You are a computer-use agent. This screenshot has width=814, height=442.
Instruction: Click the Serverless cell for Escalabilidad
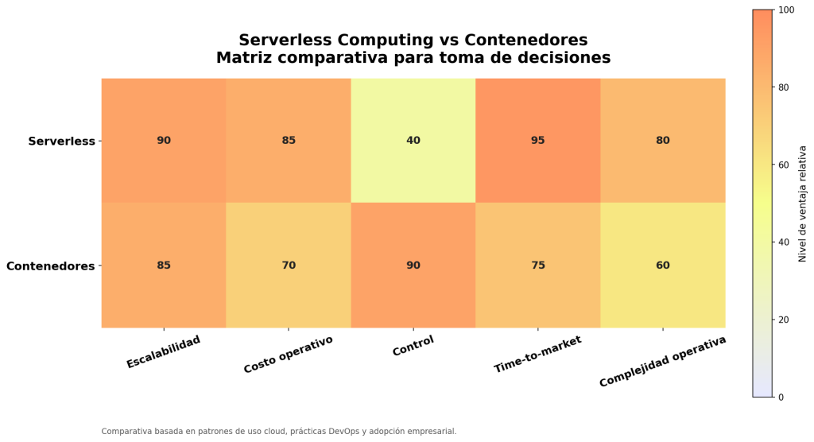click(164, 141)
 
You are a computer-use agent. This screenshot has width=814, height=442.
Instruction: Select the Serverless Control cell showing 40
click(413, 141)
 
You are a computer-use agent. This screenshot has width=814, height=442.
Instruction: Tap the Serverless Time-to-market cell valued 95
click(538, 141)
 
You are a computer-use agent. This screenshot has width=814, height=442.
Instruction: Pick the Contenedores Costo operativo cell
click(289, 266)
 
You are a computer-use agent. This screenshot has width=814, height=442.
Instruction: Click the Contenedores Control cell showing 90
click(413, 266)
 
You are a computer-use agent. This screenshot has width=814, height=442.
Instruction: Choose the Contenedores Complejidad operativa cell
click(663, 266)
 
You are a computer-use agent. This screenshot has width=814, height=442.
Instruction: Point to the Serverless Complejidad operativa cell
click(663, 141)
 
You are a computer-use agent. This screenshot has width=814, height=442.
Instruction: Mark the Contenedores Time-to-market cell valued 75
click(538, 266)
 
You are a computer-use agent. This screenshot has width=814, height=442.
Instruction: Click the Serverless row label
click(61, 142)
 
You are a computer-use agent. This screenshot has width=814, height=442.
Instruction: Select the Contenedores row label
click(50, 266)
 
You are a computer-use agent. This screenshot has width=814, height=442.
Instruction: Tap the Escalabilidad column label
click(164, 352)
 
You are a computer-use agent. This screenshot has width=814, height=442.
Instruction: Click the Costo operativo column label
click(289, 355)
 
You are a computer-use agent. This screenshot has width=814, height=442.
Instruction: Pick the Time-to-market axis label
click(538, 355)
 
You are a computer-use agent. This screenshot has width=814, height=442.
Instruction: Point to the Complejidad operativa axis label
click(663, 362)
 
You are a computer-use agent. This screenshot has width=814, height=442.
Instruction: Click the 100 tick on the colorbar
click(787, 10)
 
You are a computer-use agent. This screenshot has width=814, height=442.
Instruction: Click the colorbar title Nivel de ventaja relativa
click(803, 204)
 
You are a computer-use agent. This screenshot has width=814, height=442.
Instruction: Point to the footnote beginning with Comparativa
click(279, 432)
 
